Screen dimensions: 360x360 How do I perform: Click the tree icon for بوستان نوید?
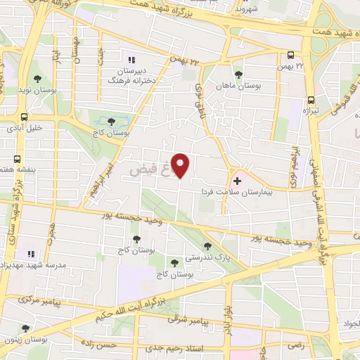pyautogui.click(x=37, y=79)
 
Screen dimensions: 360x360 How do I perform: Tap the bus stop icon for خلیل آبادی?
pyautogui.click(x=24, y=117)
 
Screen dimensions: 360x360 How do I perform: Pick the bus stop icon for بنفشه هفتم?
pyautogui.click(x=18, y=159)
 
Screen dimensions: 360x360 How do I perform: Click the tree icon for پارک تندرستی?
pyautogui.click(x=207, y=245)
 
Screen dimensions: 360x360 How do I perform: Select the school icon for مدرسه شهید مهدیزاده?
pyautogui.click(x=30, y=252)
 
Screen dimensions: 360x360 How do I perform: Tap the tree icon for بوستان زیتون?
pyautogui.click(x=26, y=328)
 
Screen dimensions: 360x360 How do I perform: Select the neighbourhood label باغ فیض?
pyautogui.click(x=152, y=171)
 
